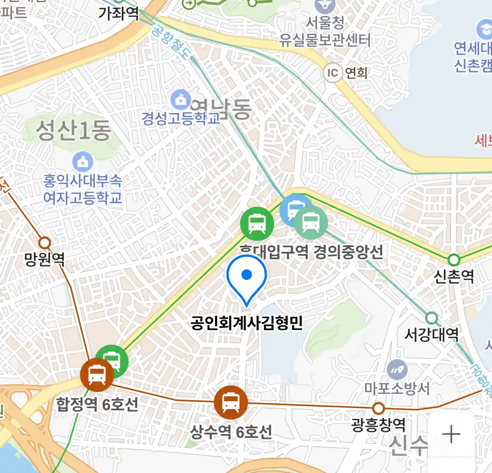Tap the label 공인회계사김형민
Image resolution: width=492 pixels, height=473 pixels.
coord(247,323)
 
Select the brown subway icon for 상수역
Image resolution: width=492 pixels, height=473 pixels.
coord(230,402)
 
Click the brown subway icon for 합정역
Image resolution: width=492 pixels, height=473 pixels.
coord(97,375)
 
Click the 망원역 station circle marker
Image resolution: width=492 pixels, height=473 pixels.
coord(45,243)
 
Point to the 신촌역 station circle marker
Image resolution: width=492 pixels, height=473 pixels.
coord(454,260)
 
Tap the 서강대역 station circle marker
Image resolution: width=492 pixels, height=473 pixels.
coord(432,318)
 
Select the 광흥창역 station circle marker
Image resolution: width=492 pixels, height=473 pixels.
coord(378,409)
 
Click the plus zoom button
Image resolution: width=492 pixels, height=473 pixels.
coord(451,434)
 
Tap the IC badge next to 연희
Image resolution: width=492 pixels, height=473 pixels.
coord(333,72)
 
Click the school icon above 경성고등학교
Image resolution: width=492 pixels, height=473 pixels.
coord(181,100)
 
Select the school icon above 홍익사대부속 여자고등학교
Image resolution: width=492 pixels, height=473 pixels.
coord(83,162)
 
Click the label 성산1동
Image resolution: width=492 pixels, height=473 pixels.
coord(73,131)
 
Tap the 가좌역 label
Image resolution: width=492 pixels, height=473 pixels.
coord(118,14)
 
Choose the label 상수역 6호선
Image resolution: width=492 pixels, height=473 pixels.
coord(231,432)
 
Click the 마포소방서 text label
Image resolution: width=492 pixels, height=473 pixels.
coord(397,388)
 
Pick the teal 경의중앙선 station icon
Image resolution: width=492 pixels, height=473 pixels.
coord(311,222)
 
